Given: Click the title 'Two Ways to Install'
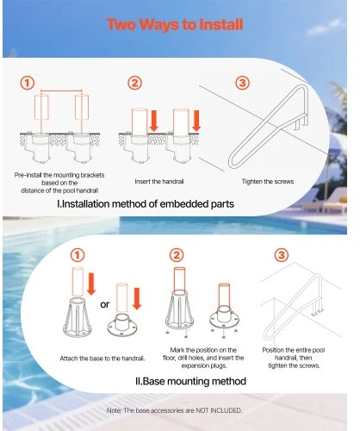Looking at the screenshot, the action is pyautogui.click(x=175, y=24).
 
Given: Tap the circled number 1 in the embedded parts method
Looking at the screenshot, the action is pyautogui.click(x=28, y=83).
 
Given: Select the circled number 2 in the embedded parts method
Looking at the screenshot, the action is pyautogui.click(x=134, y=83).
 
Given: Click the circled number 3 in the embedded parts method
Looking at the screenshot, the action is pyautogui.click(x=243, y=83).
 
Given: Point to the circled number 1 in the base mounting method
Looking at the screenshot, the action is pyautogui.click(x=78, y=255).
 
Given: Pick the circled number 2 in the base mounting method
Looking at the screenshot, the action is pyautogui.click(x=177, y=255).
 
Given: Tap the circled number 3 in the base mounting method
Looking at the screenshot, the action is pyautogui.click(x=282, y=255).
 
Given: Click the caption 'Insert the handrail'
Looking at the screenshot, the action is pyautogui.click(x=159, y=181).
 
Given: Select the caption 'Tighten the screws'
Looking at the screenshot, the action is pyautogui.click(x=268, y=182).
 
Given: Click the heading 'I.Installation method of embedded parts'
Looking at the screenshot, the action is pyautogui.click(x=146, y=204).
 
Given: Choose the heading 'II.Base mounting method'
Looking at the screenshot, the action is pyautogui.click(x=190, y=381).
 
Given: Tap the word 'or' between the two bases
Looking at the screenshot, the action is pyautogui.click(x=105, y=304).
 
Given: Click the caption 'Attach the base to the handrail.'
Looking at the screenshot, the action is pyautogui.click(x=102, y=359).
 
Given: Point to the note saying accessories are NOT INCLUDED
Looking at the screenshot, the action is pyautogui.click(x=174, y=410).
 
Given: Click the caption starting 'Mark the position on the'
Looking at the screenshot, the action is pyautogui.click(x=203, y=358).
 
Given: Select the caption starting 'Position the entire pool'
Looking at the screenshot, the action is pyautogui.click(x=294, y=358).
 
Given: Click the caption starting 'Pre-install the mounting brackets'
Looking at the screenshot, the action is pyautogui.click(x=59, y=183).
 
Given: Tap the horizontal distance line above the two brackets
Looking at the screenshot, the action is pyautogui.click(x=61, y=91).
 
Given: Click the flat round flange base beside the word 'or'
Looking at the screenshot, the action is pyautogui.click(x=121, y=325).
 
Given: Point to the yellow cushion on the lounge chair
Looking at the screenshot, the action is pyautogui.click(x=343, y=198).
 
